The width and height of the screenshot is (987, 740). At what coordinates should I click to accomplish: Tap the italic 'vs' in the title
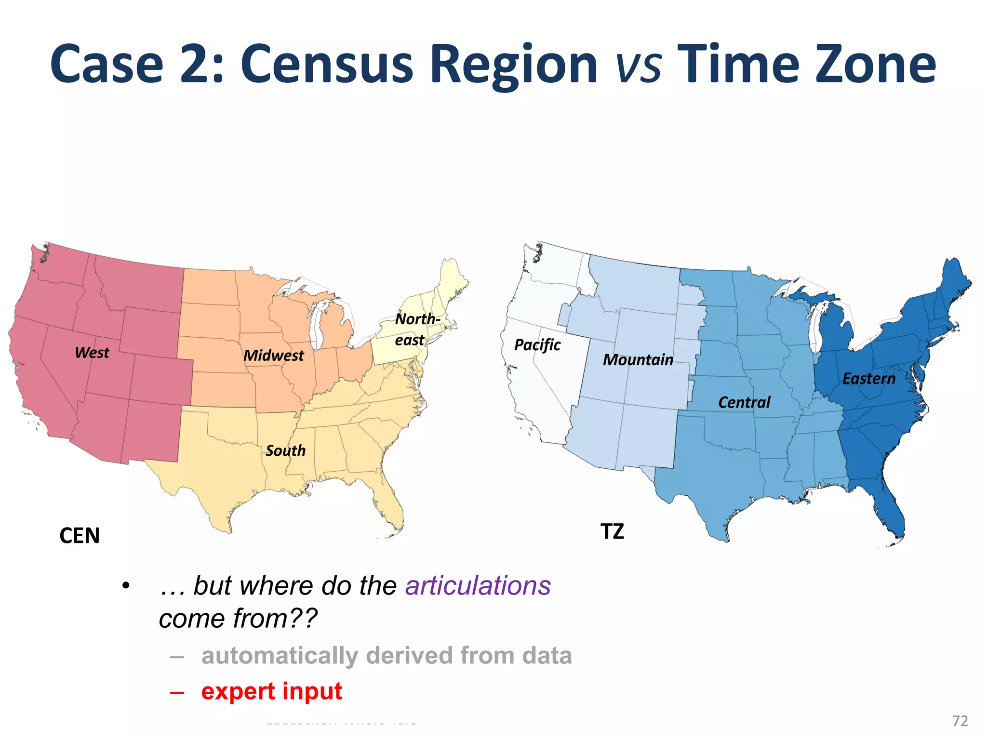click(x=638, y=67)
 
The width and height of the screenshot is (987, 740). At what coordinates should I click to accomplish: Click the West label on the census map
click(x=92, y=353)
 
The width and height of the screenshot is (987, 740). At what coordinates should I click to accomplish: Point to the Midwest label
click(x=273, y=356)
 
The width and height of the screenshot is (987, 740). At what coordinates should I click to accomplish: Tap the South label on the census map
click(x=285, y=451)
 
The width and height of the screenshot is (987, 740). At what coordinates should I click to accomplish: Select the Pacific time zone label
click(x=537, y=345)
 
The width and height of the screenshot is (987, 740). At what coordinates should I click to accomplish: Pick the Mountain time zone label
click(x=638, y=360)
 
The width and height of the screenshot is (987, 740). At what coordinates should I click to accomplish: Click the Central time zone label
click(x=744, y=402)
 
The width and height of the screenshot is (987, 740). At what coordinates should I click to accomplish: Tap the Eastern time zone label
click(x=868, y=379)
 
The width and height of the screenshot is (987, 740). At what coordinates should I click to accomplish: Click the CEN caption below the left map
click(x=80, y=536)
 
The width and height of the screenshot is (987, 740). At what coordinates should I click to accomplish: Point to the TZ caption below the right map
click(x=612, y=532)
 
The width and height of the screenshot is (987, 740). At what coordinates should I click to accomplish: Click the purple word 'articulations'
click(x=478, y=586)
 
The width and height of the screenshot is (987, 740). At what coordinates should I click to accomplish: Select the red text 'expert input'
click(x=271, y=691)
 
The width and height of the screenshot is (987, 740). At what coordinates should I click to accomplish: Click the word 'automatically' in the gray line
click(x=280, y=656)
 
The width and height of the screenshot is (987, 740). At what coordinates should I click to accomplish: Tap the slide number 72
click(x=960, y=721)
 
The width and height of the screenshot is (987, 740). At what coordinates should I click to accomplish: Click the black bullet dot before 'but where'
click(x=126, y=586)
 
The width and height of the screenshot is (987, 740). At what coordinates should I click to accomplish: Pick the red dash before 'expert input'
click(x=177, y=692)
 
